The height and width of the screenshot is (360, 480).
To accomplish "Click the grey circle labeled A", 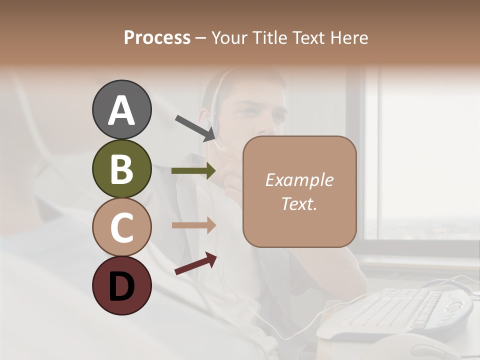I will click(121, 110).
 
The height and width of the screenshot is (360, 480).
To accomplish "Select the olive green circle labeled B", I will click(121, 169).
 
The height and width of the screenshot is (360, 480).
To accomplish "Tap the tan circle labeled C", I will click(121, 227).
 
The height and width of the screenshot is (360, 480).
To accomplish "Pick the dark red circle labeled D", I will click(121, 286).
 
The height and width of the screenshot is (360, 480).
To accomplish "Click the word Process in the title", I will click(157, 37).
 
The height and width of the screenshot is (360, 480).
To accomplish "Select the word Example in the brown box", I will click(299, 180).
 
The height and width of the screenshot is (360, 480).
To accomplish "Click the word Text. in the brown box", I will click(299, 204).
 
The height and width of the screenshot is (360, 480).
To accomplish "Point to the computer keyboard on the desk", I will click(395, 310).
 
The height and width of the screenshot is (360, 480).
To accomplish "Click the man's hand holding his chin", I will click(232, 175).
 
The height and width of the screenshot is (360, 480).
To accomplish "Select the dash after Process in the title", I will click(200, 38).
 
